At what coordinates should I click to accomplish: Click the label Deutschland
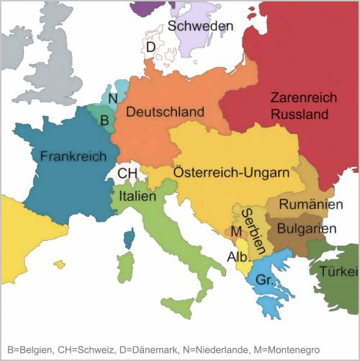[x=165, y=112]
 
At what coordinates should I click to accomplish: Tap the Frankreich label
[x=73, y=156]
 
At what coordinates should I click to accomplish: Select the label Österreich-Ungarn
[x=231, y=173]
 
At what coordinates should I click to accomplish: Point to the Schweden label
[x=201, y=26]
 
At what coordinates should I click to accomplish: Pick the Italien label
[x=138, y=196]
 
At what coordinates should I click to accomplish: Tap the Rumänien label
[x=310, y=205]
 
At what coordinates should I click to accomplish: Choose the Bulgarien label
[x=310, y=228]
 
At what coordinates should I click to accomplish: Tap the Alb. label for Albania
[x=238, y=257]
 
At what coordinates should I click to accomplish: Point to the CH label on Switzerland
[x=127, y=174]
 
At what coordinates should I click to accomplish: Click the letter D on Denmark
[x=150, y=48]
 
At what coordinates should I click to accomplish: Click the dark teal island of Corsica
[x=129, y=238]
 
